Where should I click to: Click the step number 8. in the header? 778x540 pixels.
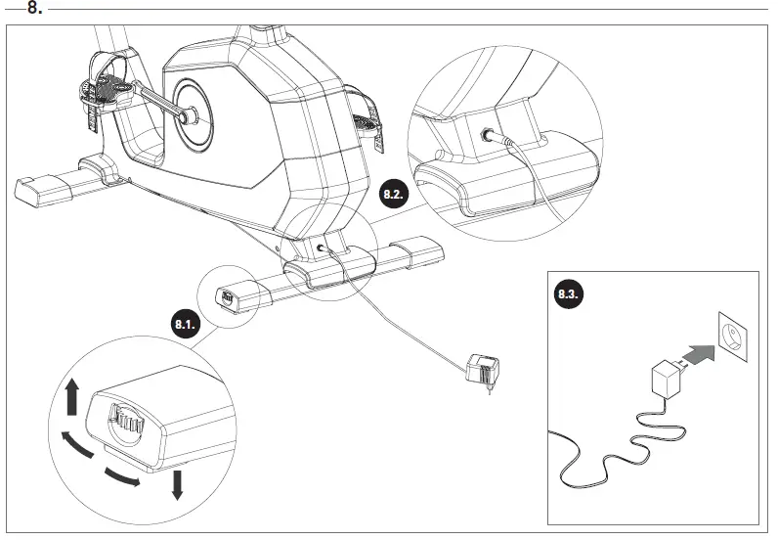coord(34,9)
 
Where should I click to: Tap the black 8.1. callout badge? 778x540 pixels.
coord(187,322)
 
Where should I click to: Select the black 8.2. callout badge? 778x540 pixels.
coord(393,195)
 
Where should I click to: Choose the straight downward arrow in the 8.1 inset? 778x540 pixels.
coord(177,482)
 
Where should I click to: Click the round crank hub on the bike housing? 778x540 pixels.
coord(192,114)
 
